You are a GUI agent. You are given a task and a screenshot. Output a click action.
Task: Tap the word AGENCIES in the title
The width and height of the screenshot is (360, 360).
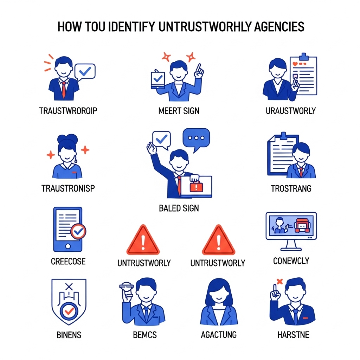pyautogui.click(x=279, y=27)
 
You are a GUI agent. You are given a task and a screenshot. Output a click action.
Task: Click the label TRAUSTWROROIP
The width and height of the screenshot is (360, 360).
pyautogui.click(x=68, y=111)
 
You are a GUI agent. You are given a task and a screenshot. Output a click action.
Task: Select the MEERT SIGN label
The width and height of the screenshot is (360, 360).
pyautogui.click(x=179, y=111)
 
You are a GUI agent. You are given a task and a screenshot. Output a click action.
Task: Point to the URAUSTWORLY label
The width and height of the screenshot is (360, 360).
pyautogui.click(x=291, y=111)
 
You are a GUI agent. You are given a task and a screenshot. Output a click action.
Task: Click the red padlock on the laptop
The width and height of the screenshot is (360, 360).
pyautogui.click(x=196, y=186)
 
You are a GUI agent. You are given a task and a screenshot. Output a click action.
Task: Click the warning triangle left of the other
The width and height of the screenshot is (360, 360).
pyautogui.click(x=143, y=240)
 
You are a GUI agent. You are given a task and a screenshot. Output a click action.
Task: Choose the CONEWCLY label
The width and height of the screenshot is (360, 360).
pyautogui.click(x=291, y=261)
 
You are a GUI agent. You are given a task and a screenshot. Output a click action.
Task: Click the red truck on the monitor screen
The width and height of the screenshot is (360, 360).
pyautogui.click(x=302, y=225)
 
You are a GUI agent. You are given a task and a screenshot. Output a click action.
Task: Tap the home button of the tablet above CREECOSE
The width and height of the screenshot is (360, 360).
pyautogui.click(x=68, y=246)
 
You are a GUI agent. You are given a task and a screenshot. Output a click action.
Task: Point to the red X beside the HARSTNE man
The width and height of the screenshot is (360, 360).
pyautogui.click(x=279, y=282)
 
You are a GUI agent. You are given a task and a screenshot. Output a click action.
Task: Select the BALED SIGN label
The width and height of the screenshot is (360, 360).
pyautogui.click(x=179, y=208)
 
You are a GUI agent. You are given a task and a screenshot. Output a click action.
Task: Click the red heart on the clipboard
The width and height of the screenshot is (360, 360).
pyautogui.click(x=295, y=64)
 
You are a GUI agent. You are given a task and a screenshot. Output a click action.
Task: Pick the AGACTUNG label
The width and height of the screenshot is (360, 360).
pyautogui.click(x=219, y=335)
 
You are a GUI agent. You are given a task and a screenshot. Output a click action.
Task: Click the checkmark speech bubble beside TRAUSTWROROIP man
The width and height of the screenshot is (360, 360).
pyautogui.click(x=85, y=72)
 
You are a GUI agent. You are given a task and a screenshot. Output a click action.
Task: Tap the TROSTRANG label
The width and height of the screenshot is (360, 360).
pyautogui.click(x=291, y=188)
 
